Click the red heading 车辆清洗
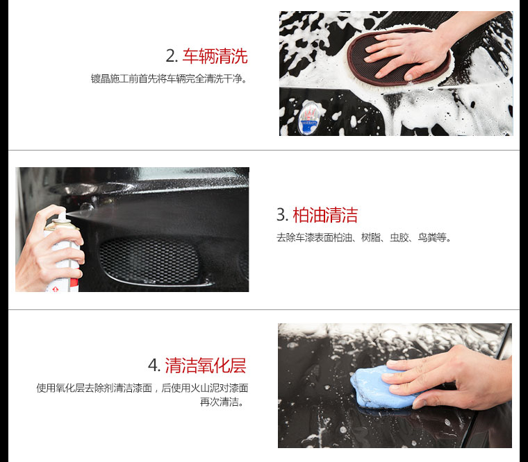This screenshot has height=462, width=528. click(x=215, y=55)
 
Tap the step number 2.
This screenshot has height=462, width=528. click(x=171, y=55)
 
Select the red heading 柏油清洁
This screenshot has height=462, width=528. click(x=325, y=215)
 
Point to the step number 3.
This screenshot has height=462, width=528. click(x=282, y=215)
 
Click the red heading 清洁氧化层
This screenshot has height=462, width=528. click(x=206, y=366)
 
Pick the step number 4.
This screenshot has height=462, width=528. click(x=154, y=365)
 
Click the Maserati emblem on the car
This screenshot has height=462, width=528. click(x=308, y=118)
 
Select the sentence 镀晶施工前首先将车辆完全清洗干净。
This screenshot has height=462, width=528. click(x=170, y=78)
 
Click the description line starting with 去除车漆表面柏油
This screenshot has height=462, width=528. click(x=363, y=238)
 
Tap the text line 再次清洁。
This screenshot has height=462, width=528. click(x=222, y=402)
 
